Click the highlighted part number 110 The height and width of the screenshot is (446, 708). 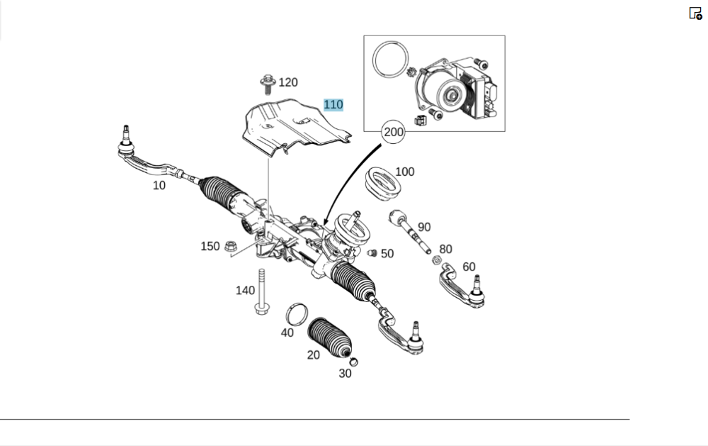coord(333,105)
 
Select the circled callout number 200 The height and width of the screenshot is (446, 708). coord(393,132)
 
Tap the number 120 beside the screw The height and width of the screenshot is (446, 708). coord(288,83)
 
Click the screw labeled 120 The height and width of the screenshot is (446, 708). coord(268,84)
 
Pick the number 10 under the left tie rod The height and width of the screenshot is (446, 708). coord(159,185)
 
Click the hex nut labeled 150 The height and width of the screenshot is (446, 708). coord(230,247)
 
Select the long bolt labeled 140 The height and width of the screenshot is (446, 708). coord(261,293)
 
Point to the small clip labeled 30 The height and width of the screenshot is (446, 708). coord(354,362)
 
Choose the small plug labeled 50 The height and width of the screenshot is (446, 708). coord(372,253)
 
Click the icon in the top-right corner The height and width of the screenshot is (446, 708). coord(695,13)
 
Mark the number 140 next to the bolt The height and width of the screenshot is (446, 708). coord(245,290)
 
